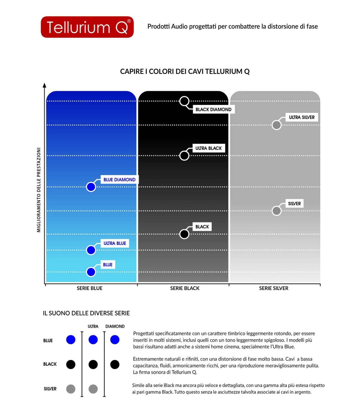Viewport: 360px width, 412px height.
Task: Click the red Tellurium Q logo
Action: (87, 27)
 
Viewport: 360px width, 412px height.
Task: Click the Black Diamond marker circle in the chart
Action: (184, 101)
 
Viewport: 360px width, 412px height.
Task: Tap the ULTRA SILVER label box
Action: (301, 117)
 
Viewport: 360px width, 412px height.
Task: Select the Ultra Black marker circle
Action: (184, 156)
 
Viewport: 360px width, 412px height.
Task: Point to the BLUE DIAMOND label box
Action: (119, 180)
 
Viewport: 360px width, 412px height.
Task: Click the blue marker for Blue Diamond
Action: (91, 187)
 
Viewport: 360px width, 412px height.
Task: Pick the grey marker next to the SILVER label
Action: (276, 211)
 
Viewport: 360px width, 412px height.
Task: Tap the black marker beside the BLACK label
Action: (184, 234)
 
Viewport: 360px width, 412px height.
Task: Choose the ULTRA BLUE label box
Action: (115, 243)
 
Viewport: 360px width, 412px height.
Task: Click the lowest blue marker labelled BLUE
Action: (91, 272)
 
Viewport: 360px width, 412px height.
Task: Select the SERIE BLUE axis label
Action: (89, 288)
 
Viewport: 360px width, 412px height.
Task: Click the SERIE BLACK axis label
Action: (185, 288)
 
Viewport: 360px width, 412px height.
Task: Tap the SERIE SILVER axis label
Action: (274, 288)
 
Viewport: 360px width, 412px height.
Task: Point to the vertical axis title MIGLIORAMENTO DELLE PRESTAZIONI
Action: (39, 190)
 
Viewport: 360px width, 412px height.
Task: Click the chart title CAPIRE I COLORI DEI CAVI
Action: (185, 71)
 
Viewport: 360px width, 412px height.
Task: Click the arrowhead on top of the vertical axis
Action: (44, 85)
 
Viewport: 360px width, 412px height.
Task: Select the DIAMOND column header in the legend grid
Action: (115, 326)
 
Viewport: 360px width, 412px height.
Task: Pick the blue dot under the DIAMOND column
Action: (115, 340)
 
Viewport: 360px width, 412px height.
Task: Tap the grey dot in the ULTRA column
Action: (93, 389)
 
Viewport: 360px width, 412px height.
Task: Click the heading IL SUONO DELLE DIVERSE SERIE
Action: (86, 313)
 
